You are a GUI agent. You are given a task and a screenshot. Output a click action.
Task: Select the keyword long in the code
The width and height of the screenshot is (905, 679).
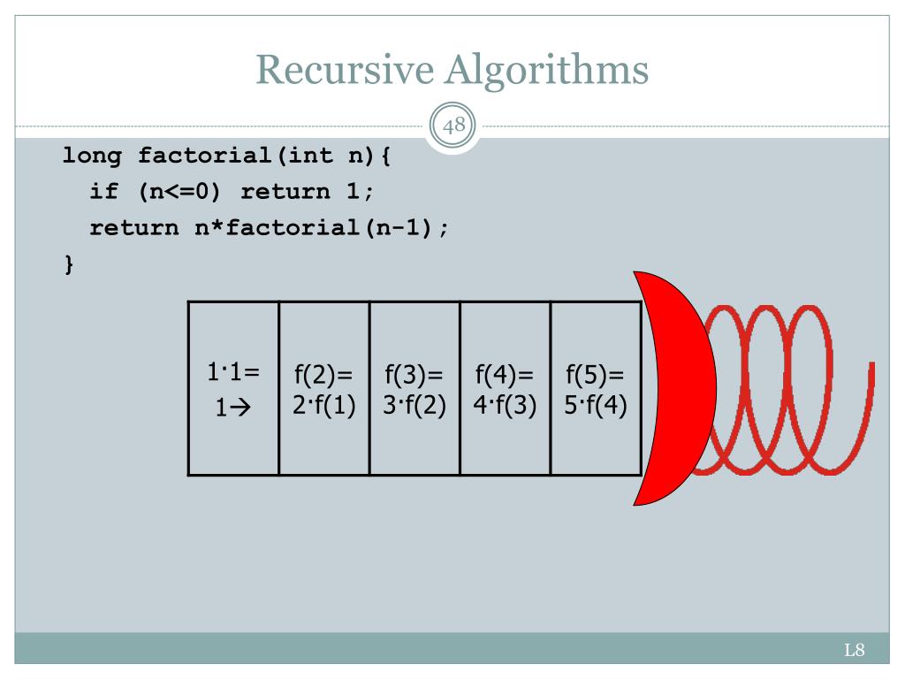[91, 156]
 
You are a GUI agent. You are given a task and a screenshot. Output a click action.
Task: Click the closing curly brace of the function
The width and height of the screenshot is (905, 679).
[68, 263]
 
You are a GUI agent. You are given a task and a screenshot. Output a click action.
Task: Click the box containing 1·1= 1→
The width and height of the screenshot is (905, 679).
[233, 389]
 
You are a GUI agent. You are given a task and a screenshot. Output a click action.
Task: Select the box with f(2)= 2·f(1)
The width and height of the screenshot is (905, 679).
[323, 389]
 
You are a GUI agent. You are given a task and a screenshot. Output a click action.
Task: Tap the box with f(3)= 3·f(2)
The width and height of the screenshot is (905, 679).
[414, 389]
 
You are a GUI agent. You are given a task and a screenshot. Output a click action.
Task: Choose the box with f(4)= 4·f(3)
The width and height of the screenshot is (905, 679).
[505, 389]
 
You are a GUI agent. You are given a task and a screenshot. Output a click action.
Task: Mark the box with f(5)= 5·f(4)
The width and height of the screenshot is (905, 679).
[595, 389]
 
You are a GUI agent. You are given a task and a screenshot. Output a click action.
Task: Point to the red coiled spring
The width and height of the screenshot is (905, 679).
[787, 389]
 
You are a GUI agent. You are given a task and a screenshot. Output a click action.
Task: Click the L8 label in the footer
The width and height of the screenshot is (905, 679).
[853, 652]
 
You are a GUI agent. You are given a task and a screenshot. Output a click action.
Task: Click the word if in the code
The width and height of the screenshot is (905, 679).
[103, 192]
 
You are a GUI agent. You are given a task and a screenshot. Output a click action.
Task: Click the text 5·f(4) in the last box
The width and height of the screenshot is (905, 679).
[595, 408]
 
